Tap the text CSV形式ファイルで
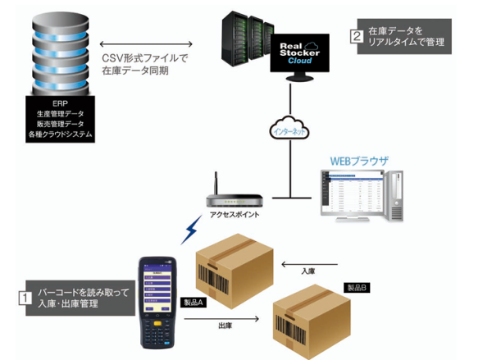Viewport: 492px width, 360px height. pos(144,58)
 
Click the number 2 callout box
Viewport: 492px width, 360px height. pos(356,36)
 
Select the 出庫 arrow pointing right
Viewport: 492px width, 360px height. pos(226,316)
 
